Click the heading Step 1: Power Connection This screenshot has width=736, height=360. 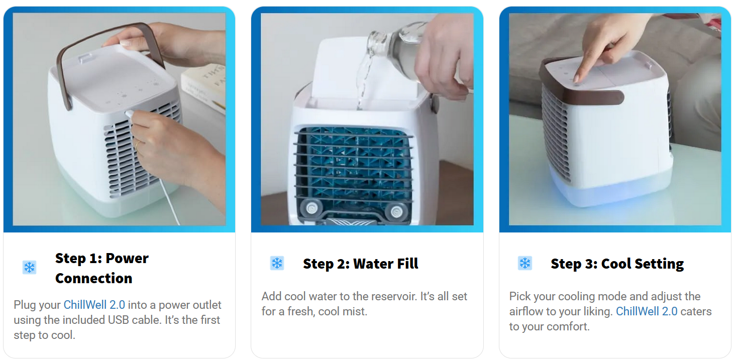pyautogui.click(x=101, y=268)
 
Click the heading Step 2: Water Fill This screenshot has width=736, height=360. pyautogui.click(x=360, y=264)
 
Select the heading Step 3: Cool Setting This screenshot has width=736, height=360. pyautogui.click(x=617, y=264)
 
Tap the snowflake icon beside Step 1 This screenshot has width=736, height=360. pyautogui.click(x=30, y=267)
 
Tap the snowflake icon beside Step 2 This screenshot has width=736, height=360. pyautogui.click(x=277, y=263)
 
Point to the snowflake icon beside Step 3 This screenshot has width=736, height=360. pyautogui.click(x=525, y=263)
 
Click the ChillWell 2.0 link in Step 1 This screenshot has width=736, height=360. pyautogui.click(x=94, y=305)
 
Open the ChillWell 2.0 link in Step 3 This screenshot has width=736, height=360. pyautogui.click(x=647, y=311)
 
